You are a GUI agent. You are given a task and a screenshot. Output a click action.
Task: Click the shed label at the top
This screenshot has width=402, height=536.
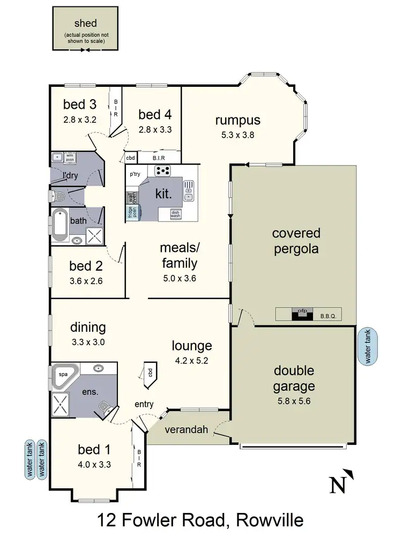point(86,24)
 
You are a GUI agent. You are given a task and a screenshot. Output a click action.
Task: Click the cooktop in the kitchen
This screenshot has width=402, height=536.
point(162,171)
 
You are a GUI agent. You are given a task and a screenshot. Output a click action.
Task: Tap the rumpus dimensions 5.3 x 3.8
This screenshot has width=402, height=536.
point(237,135)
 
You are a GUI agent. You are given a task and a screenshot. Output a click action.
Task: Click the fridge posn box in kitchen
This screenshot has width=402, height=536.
point(131,212)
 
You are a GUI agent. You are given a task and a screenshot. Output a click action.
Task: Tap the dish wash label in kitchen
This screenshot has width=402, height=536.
point(175,213)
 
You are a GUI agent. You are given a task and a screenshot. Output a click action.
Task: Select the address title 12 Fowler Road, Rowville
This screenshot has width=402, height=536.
point(200,520)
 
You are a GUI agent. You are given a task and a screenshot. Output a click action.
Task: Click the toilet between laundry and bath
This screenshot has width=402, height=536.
point(58,196)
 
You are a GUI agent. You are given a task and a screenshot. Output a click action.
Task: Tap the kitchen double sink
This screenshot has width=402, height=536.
point(188,191)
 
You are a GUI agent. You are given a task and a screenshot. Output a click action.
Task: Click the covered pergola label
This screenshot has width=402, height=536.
point(295,241)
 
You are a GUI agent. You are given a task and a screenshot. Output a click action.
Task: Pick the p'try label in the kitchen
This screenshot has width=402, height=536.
point(135,175)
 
